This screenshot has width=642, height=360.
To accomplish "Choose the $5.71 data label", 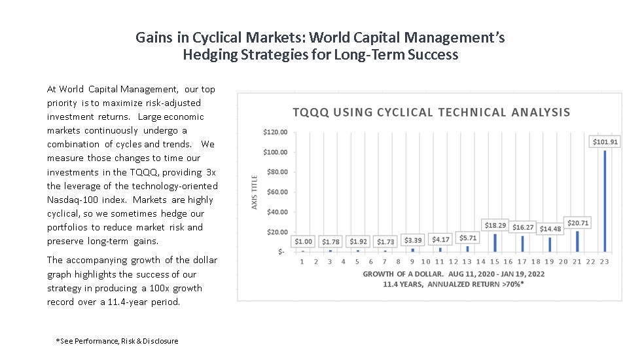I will pyautogui.click(x=467, y=238).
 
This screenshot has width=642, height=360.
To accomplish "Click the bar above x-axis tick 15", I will pyautogui.click(x=494, y=243).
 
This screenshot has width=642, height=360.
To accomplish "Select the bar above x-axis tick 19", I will pyautogui.click(x=549, y=245).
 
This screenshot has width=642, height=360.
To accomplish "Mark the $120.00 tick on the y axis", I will pyautogui.click(x=274, y=132).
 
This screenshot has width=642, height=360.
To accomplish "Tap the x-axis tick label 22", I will pyautogui.click(x=590, y=261).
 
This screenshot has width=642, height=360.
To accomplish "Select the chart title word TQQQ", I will pyautogui.click(x=311, y=112).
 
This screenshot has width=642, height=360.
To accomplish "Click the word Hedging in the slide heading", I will pyautogui.click(x=209, y=55).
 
